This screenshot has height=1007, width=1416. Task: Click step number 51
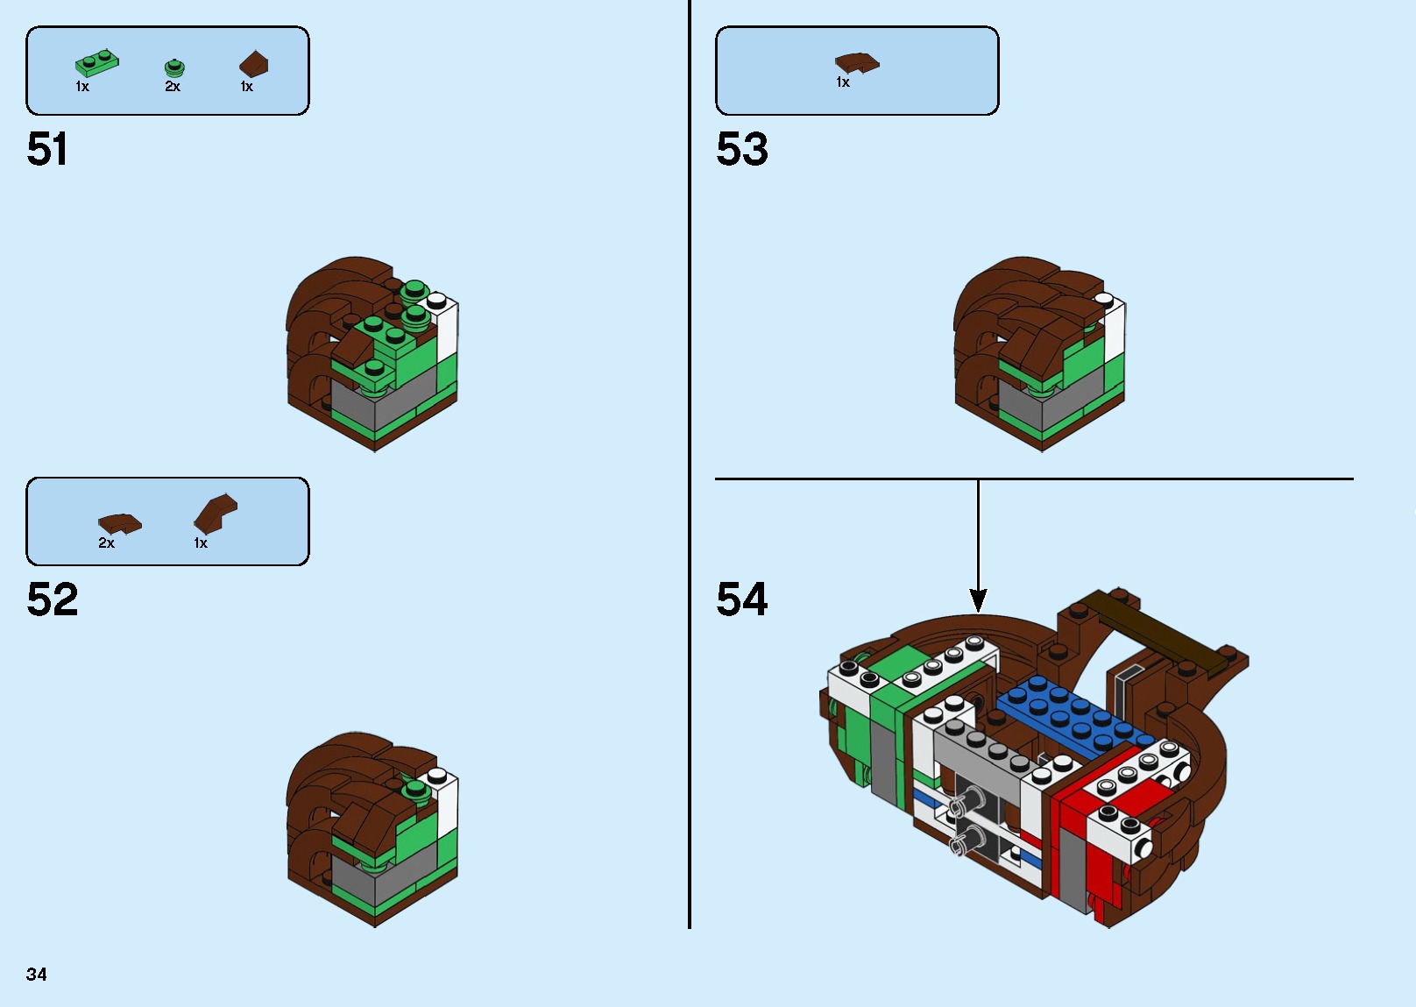[47, 149]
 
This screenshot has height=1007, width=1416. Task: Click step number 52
[53, 599]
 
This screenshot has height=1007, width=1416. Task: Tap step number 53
[742, 149]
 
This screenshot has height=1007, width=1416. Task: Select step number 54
[742, 599]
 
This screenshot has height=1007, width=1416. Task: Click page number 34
[37, 975]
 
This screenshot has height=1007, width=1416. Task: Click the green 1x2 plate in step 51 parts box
[96, 64]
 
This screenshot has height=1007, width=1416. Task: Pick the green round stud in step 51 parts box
[174, 68]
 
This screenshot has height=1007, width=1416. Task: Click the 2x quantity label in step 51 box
[173, 87]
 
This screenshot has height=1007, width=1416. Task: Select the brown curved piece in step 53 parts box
[856, 63]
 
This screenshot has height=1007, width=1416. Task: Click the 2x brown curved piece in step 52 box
[119, 523]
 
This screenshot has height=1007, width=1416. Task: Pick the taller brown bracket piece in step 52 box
[215, 513]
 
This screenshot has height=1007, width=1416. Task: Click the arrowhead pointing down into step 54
[978, 600]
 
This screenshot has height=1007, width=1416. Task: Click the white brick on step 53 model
[1113, 329]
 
